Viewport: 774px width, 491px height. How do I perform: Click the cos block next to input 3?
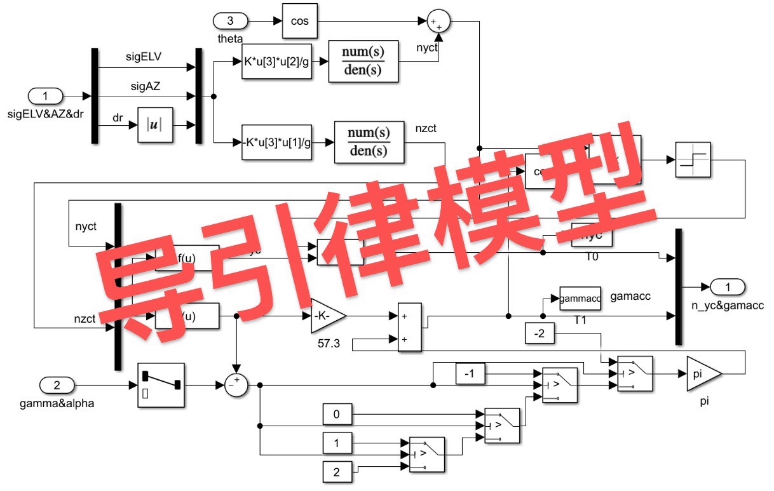point(299,21)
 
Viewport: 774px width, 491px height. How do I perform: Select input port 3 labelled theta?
point(230,21)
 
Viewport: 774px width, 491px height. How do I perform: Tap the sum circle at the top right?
point(437,22)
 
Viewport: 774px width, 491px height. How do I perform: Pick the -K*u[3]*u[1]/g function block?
point(276,142)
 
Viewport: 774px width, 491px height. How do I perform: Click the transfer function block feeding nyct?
point(363,61)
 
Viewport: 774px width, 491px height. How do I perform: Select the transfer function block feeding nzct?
point(369,142)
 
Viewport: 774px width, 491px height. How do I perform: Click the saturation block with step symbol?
point(692,159)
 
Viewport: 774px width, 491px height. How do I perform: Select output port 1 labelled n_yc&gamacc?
point(728,287)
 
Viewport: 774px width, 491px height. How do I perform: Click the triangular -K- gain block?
point(328,316)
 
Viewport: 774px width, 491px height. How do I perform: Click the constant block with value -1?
point(471,375)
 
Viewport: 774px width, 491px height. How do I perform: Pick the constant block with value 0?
point(337,415)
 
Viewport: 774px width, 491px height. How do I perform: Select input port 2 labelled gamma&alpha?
point(57,385)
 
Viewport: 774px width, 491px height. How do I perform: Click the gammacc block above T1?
point(580,299)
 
